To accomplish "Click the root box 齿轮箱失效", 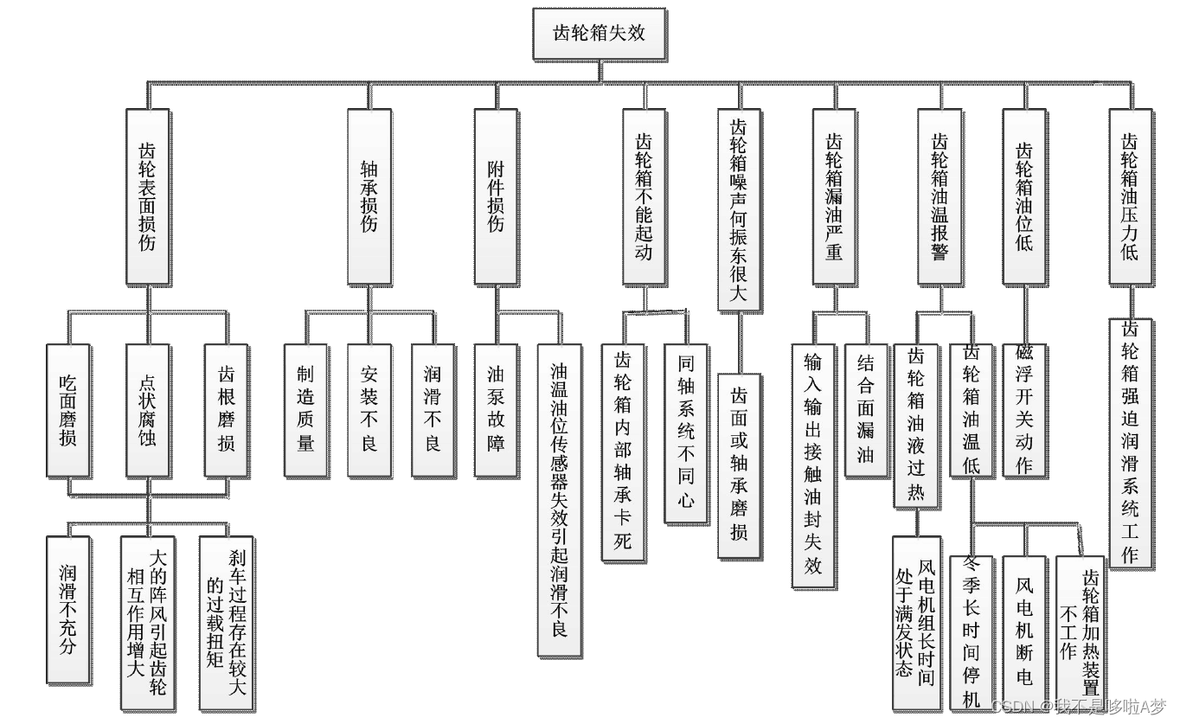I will [x=599, y=34].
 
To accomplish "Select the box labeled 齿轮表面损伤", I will [x=147, y=196].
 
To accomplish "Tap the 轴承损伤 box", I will [x=369, y=196].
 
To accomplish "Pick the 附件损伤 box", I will [x=496, y=196].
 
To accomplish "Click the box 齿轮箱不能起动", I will [x=645, y=196].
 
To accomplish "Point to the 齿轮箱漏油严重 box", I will [x=834, y=196].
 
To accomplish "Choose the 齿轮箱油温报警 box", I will [x=940, y=196].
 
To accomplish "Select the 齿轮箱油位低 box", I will [x=1024, y=196].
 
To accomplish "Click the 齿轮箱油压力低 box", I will [x=1130, y=196].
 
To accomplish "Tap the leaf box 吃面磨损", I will [x=67, y=410].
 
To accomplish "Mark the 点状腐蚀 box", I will [x=147, y=410].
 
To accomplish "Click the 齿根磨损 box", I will [x=227, y=410].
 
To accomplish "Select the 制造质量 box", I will [x=305, y=410].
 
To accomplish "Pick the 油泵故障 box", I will [x=496, y=410].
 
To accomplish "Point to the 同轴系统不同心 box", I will [x=686, y=432].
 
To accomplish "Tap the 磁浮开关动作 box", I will [x=1024, y=409].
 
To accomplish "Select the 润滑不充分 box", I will [x=67, y=621].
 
